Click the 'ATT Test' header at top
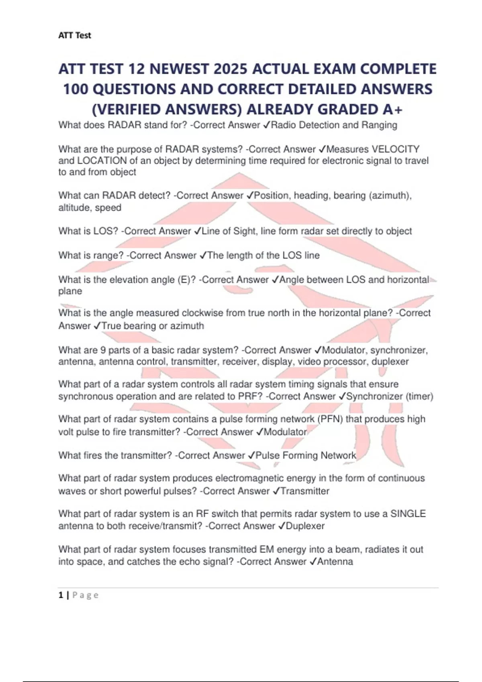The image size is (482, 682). tap(75, 35)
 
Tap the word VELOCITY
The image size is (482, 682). tap(396, 149)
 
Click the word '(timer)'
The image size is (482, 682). tap(419, 396)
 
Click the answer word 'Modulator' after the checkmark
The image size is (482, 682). tap(285, 432)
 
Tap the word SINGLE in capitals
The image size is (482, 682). tap(408, 514)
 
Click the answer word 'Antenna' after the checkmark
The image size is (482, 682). tap(335, 562)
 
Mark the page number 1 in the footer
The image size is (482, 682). tap(61, 595)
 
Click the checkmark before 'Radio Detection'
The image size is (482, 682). tap(267, 125)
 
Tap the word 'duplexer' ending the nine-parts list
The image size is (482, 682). tap(390, 361)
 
